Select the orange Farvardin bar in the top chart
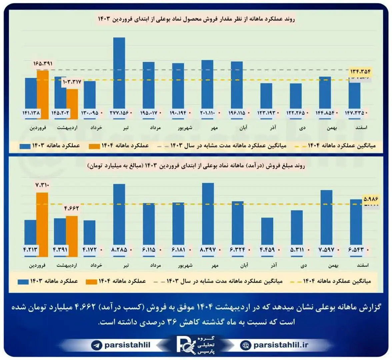(43, 93)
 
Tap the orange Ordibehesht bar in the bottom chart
(72, 235)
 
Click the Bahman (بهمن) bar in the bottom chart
(326, 222)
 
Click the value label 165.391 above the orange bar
(43, 63)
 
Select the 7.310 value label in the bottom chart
(42, 185)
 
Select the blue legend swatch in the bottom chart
(23, 281)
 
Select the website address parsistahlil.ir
(281, 345)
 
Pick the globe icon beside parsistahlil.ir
(246, 345)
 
